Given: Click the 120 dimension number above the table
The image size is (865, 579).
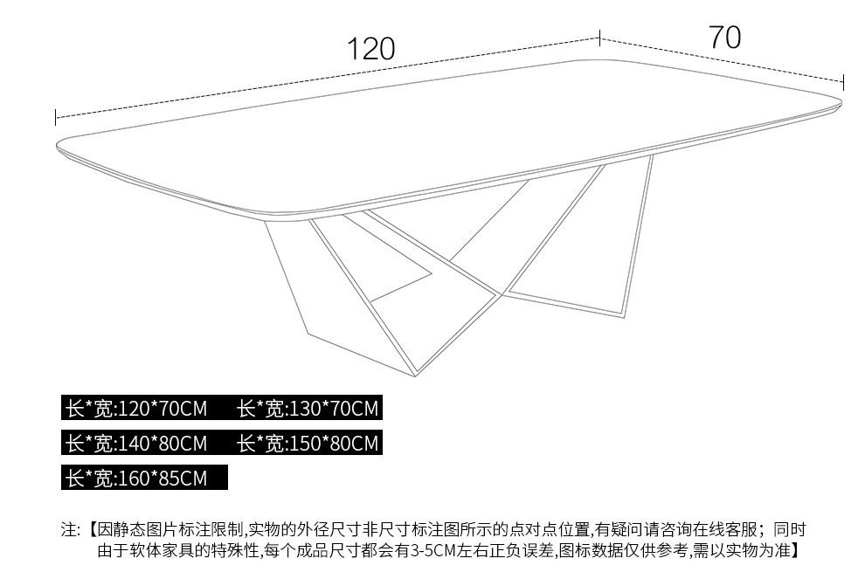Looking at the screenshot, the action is [x=371, y=49].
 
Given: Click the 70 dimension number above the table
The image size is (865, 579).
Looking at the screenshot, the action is [x=724, y=38].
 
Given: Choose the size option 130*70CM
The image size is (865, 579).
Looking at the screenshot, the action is [x=308, y=409].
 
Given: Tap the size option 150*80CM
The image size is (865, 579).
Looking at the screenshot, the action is [x=308, y=444].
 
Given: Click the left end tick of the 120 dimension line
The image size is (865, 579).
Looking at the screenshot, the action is [x=56, y=117].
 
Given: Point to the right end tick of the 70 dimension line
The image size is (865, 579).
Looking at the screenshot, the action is [x=843, y=81].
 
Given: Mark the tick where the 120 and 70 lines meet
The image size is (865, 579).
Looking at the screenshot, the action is [x=599, y=38].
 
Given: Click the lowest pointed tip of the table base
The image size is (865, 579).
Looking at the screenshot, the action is [x=415, y=376].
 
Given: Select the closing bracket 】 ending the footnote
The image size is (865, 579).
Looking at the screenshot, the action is [x=795, y=550].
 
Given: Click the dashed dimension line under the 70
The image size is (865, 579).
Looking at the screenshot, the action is [x=722, y=60].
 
